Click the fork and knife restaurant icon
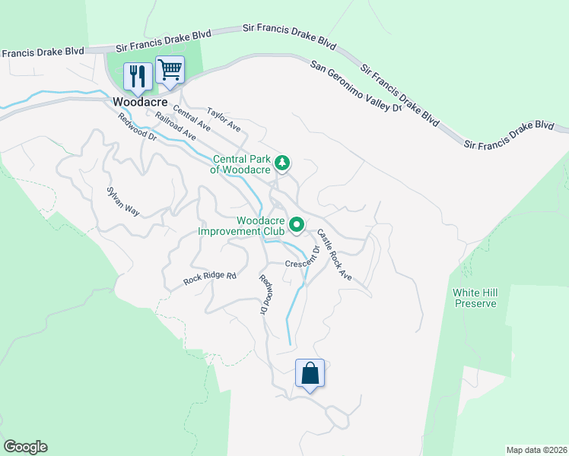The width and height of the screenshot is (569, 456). click(x=138, y=75)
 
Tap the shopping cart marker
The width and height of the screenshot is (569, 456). click(x=170, y=70)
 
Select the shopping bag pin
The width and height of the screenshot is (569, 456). click(x=310, y=373)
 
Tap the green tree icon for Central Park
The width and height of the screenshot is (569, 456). click(x=282, y=162)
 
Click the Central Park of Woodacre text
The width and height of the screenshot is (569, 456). click(x=241, y=165)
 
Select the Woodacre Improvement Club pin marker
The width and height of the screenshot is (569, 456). click(x=297, y=224)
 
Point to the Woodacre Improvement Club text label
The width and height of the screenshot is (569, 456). click(x=241, y=226)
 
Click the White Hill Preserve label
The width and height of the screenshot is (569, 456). click(x=475, y=298)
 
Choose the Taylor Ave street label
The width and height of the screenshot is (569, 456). click(x=224, y=119)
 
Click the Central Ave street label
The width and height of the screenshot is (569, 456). click(x=192, y=119)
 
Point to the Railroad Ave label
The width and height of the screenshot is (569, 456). click(x=176, y=127)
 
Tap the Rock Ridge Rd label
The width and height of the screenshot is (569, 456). click(x=210, y=279)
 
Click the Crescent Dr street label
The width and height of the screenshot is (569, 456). click(x=306, y=261)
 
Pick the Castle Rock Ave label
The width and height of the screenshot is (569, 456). click(x=335, y=255)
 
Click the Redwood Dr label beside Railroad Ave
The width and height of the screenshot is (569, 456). click(x=137, y=128)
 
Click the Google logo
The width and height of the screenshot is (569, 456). click(x=25, y=447)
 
